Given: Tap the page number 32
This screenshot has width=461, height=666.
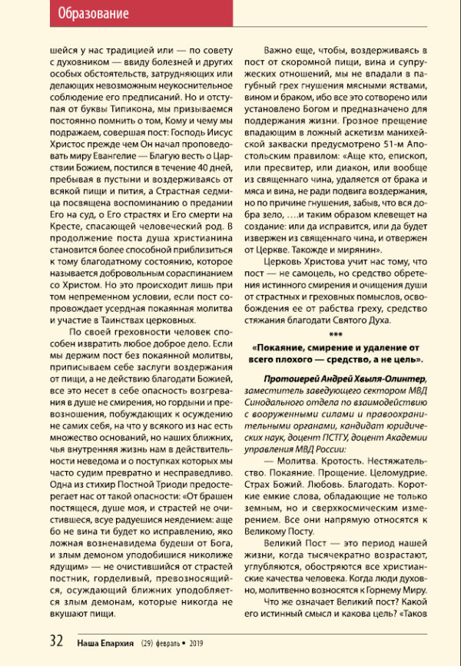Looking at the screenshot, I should click(x=56, y=642).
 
